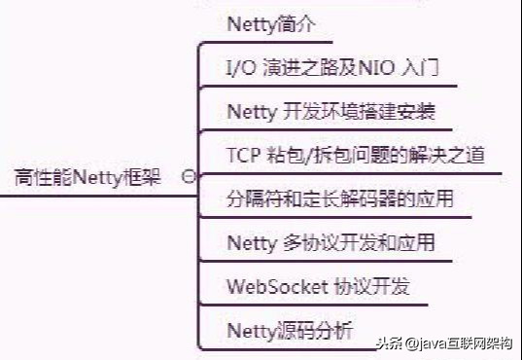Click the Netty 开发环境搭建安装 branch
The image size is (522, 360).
tap(330, 112)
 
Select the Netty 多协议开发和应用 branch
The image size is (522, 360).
tap(330, 242)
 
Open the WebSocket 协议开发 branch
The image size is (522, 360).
tap(318, 287)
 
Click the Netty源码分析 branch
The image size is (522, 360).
tap(287, 331)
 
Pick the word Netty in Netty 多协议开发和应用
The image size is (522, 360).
tap(252, 242)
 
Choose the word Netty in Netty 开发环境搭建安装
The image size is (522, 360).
tap(252, 112)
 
